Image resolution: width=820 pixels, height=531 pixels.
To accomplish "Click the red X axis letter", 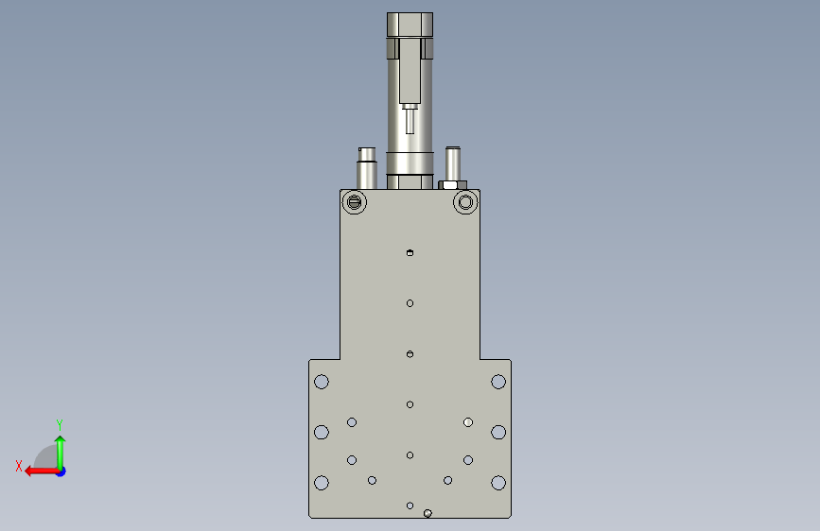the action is point(19,466).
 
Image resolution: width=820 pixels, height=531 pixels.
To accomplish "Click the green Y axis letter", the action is point(60,424).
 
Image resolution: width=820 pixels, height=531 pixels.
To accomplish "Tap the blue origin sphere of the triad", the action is point(61,471).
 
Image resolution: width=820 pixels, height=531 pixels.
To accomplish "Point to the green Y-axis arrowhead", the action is point(61,440).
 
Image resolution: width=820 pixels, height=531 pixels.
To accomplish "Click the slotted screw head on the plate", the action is point(354,202).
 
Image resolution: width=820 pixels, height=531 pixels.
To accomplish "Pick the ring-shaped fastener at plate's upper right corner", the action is point(465,202).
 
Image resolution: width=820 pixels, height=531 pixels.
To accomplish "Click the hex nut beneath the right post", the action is point(452,185).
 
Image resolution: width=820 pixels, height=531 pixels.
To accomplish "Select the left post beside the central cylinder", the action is point(367,168).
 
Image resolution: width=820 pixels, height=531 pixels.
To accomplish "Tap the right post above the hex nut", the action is point(453,163).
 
